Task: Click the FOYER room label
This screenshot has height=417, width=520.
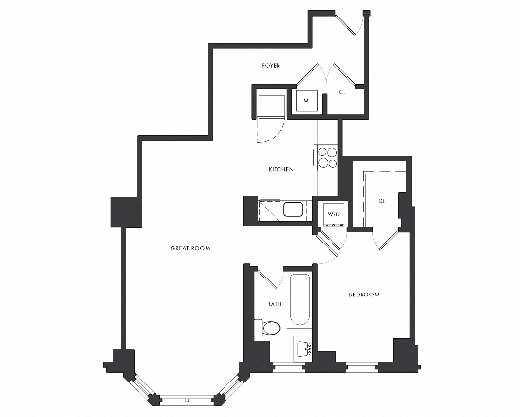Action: point(271,66)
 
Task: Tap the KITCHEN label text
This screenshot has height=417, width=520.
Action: point(281,170)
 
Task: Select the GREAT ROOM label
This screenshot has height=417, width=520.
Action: point(191,248)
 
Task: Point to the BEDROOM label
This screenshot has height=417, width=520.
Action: point(364,295)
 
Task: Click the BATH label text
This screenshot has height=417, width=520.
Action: point(274,304)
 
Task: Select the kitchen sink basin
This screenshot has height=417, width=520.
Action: point(293,210)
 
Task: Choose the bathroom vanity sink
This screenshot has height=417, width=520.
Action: point(304,348)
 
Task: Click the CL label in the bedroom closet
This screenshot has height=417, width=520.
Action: point(381,201)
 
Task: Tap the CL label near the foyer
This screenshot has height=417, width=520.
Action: point(342,92)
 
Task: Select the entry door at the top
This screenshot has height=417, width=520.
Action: point(348,23)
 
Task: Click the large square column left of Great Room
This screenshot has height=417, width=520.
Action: point(127,212)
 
